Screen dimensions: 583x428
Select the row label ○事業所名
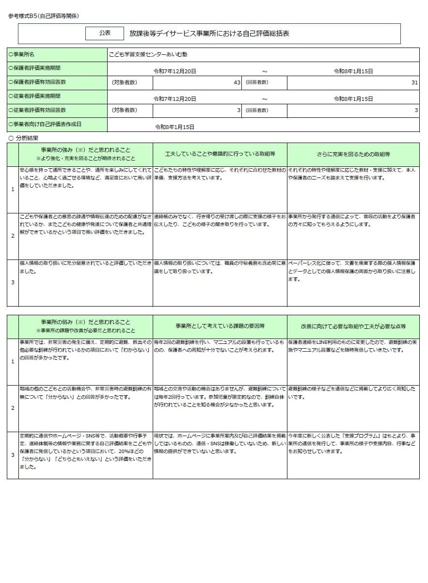(22, 55)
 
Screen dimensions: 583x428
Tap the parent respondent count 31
(414, 82)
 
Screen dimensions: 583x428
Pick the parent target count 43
(237, 82)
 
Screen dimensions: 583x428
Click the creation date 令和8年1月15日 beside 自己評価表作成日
(174, 127)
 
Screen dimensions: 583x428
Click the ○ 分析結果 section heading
(24, 138)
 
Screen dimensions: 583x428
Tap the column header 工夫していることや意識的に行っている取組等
(220, 154)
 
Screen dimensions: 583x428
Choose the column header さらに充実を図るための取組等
(353, 154)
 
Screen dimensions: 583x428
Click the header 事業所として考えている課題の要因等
(220, 326)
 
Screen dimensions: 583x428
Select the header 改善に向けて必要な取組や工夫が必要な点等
(353, 326)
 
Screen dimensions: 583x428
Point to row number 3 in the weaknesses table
(13, 455)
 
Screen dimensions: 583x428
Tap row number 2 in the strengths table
(13, 236)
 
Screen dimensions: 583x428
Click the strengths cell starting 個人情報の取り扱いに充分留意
(85, 267)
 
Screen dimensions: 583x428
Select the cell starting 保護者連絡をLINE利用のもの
(353, 346)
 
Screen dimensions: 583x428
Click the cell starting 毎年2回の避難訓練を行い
(220, 346)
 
